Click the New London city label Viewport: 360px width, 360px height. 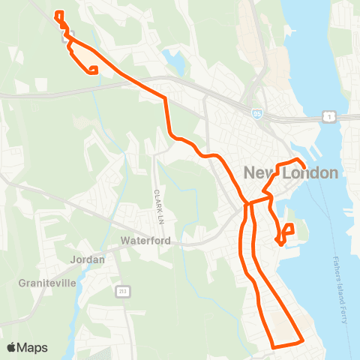291,173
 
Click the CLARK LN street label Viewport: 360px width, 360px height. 158,205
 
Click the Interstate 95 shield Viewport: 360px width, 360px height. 257,114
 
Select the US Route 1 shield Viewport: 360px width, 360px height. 328,115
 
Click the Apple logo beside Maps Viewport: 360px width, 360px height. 12,347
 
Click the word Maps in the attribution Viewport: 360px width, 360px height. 33,347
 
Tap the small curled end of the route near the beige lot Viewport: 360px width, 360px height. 93,71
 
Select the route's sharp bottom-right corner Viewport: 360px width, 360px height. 301,341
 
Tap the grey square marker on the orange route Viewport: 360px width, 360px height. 65,31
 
